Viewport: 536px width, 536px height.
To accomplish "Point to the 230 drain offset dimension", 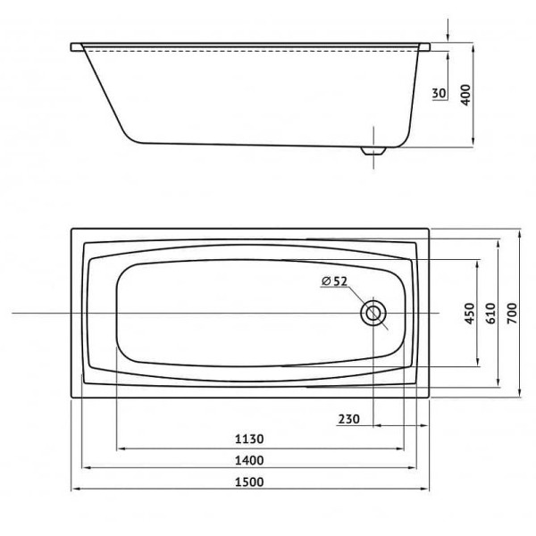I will click(x=351, y=419).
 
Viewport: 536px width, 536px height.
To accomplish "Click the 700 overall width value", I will click(x=510, y=313).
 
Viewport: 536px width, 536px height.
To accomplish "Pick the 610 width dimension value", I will click(x=490, y=313).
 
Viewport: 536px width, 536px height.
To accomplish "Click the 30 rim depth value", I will click(x=440, y=94).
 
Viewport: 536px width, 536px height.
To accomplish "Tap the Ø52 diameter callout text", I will click(x=334, y=282).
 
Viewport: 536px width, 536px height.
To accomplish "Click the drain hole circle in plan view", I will click(x=373, y=314).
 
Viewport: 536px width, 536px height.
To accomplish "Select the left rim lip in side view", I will click(x=75, y=46).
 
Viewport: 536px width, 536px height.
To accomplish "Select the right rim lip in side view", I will click(x=428, y=46).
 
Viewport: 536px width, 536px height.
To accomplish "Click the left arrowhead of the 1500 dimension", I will click(x=75, y=490).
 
